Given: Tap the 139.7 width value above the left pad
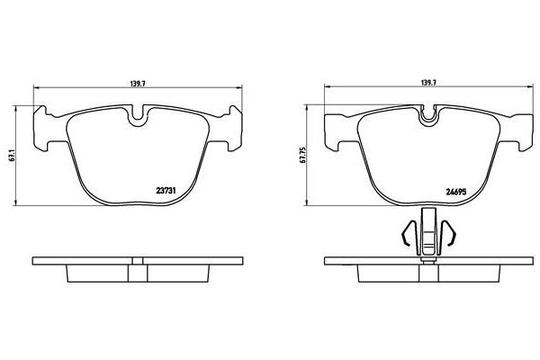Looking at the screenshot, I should (x=139, y=82).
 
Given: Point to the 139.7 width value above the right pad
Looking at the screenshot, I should (x=428, y=82).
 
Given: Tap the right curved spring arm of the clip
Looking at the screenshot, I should (x=451, y=237).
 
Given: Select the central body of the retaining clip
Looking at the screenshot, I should (x=429, y=237).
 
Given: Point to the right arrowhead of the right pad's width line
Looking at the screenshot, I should (x=531, y=88).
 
